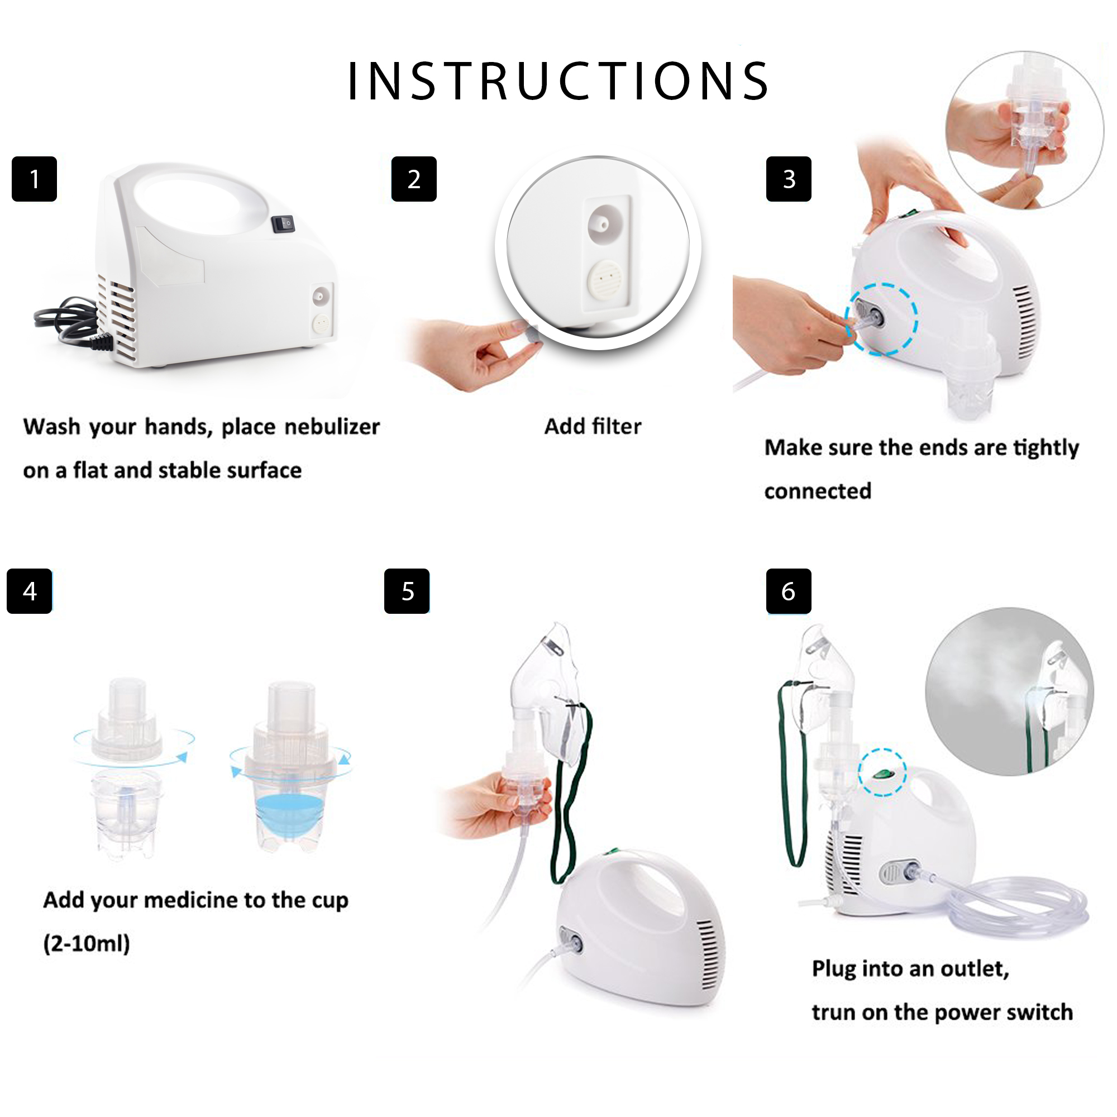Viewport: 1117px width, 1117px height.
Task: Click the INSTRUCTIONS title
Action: (x=558, y=80)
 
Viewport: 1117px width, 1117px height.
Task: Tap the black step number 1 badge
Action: (x=34, y=179)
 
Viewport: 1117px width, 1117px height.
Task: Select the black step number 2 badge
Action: (x=414, y=179)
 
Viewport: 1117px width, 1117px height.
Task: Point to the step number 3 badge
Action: (x=789, y=179)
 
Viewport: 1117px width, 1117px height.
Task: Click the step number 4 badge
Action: (x=30, y=591)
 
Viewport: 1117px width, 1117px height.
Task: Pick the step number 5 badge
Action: (x=407, y=591)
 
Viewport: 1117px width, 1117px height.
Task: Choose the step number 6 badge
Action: (x=789, y=591)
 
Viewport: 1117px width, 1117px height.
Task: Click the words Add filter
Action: (x=593, y=427)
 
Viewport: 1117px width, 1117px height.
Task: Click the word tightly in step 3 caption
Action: (x=1046, y=448)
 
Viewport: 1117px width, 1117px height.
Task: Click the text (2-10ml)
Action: (x=87, y=943)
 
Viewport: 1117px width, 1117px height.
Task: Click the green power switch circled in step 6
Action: (x=882, y=774)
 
